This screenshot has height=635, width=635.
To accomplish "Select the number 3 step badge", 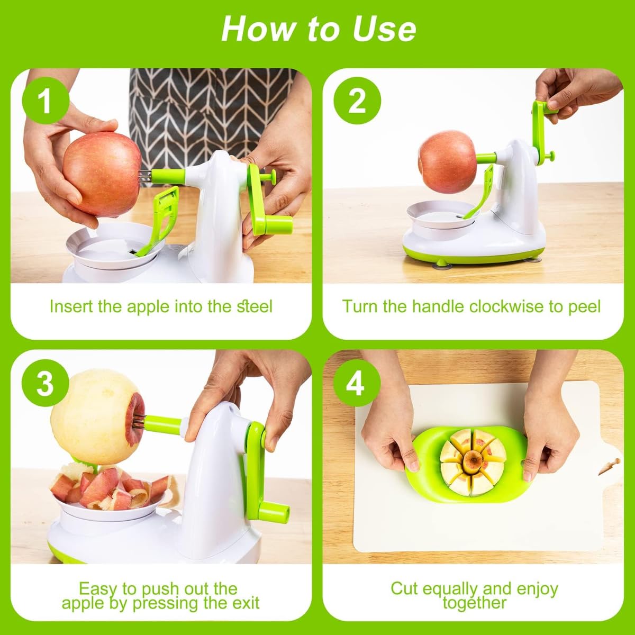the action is pyautogui.click(x=46, y=384).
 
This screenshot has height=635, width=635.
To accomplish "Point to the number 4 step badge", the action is pyautogui.click(x=357, y=384).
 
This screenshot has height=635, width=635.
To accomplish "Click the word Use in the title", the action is pyautogui.click(x=384, y=29).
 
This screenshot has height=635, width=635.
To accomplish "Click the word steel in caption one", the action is pyautogui.click(x=255, y=306).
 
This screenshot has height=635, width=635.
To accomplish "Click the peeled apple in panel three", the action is pyautogui.click(x=96, y=416).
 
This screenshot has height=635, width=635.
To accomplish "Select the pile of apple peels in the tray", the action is pyautogui.click(x=109, y=487).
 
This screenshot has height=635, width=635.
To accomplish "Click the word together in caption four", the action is pyautogui.click(x=475, y=603).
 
